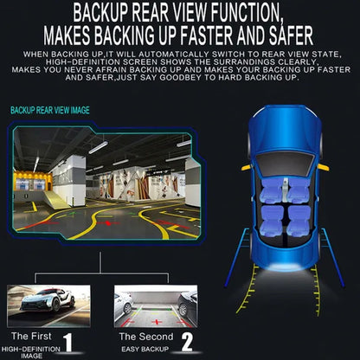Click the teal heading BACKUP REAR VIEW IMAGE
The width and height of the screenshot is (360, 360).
tap(50, 110)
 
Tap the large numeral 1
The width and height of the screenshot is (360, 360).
tap(68, 342)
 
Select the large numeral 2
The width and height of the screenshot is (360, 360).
tap(187, 342)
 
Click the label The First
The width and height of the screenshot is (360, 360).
tap(31, 336)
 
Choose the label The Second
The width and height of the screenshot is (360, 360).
tap(146, 337)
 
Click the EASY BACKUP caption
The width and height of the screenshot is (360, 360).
tap(145, 350)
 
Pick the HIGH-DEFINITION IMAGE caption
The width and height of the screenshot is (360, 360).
tap(31, 352)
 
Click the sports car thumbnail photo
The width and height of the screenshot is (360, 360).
tap(48, 305)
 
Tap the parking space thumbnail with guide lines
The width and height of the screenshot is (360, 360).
tap(156, 306)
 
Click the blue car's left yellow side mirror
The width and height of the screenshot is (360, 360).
tap(247, 167)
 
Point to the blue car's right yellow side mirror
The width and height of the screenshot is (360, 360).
tap(324, 167)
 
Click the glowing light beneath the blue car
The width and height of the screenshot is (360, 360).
tap(285, 267)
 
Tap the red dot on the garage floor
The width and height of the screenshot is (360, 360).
tap(108, 223)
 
